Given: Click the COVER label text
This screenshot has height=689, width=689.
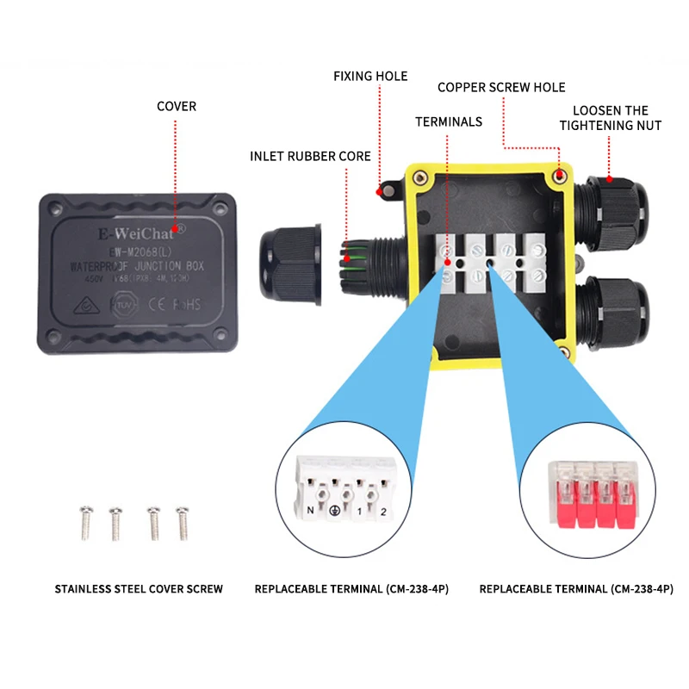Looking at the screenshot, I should (176, 107).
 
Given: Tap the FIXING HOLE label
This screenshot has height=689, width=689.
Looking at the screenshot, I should (370, 77).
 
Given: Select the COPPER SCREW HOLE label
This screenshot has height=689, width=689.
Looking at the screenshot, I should (501, 88).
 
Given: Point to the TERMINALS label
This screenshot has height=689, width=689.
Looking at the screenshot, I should (449, 122).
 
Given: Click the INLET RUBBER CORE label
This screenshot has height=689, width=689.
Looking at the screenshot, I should (310, 157).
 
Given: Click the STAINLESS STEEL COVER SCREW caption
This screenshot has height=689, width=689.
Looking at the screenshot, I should (139, 589).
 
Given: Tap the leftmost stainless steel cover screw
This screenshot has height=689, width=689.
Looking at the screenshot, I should (84, 522).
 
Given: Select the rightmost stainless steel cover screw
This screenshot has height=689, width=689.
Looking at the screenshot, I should (181, 522).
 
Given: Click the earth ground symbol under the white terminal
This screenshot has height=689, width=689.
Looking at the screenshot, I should (333, 512).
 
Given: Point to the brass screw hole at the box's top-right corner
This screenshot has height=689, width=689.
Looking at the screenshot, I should (559, 177).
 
